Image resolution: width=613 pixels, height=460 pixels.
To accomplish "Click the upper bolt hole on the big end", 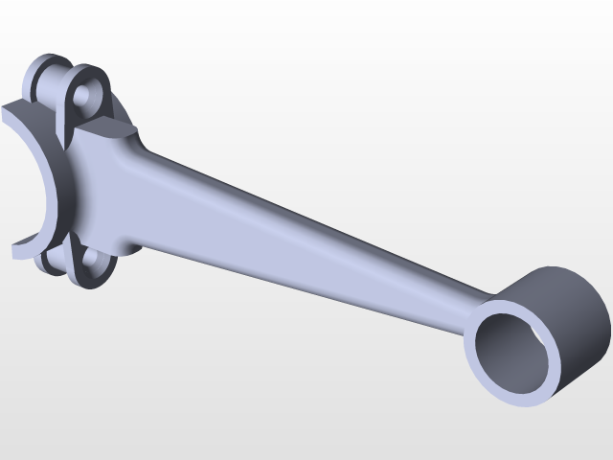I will point(88,95).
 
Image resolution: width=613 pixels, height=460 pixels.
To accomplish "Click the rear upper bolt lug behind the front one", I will point(48,77).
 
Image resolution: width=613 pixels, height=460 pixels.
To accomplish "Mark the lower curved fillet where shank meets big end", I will point(129,244).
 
